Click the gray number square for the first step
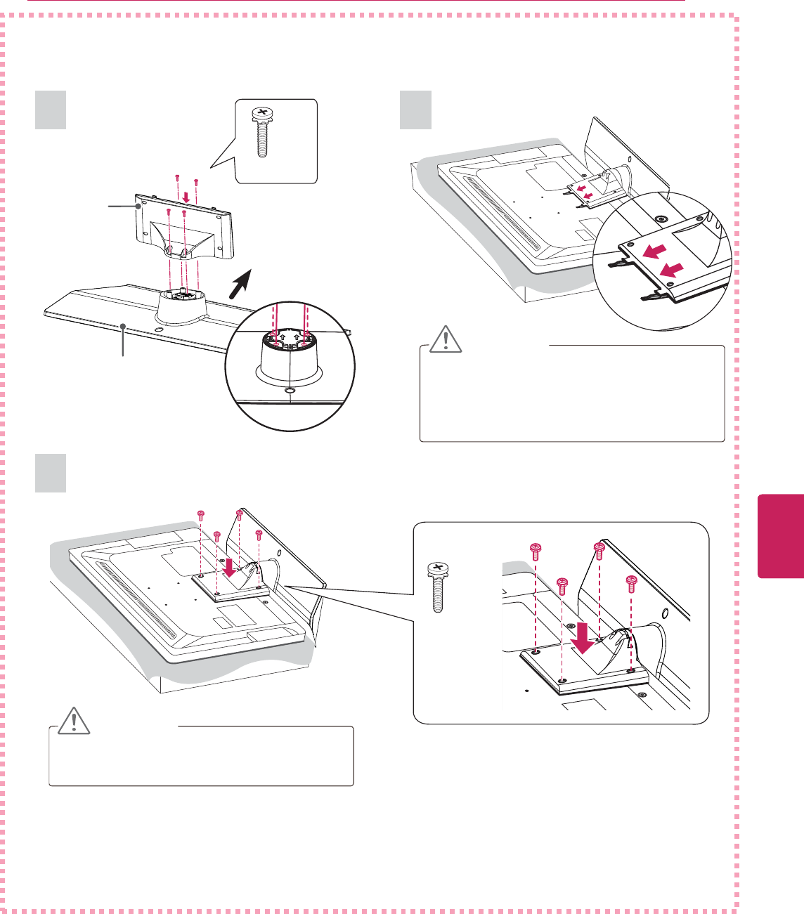pyautogui.click(x=51, y=110)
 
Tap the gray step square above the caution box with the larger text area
pyautogui.click(x=416, y=110)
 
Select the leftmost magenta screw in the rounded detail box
pyautogui.click(x=536, y=549)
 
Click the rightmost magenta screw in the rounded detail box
pyautogui.click(x=631, y=583)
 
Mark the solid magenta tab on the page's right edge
pyautogui.click(x=781, y=535)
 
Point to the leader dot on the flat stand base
pyautogui.click(x=124, y=326)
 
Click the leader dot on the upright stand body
pyautogui.click(x=139, y=207)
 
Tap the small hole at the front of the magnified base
pyautogui.click(x=290, y=388)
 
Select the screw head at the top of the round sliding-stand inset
pyautogui.click(x=660, y=219)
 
